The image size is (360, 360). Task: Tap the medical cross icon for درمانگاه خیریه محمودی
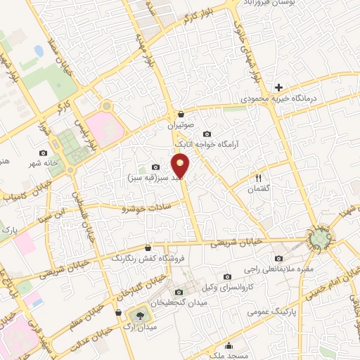279,88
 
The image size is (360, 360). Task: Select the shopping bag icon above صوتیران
181,114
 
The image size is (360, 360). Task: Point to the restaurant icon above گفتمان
258,179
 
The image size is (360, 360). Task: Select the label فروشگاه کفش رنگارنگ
147,259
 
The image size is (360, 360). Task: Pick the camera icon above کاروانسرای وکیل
227,277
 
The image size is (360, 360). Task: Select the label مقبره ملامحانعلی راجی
276,269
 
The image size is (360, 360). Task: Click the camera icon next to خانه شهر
44,153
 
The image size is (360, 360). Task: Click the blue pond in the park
37,52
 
